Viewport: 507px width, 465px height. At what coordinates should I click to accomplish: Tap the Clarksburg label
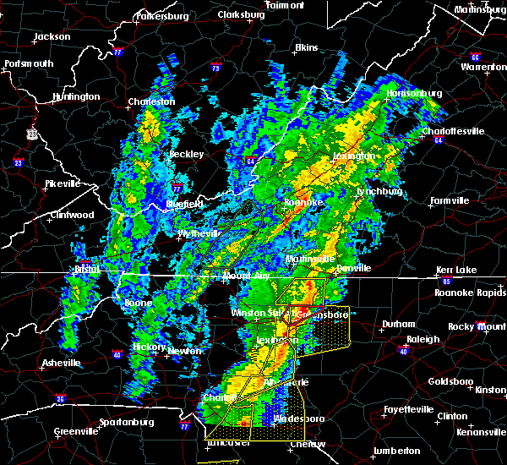click(241, 14)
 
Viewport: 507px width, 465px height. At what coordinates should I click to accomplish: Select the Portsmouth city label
click(28, 63)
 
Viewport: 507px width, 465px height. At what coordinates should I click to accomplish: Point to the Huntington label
click(75, 96)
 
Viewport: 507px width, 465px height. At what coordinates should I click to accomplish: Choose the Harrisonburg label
click(414, 93)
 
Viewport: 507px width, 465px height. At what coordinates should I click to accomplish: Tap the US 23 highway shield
click(31, 134)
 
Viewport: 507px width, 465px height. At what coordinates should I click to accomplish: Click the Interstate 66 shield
click(475, 57)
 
